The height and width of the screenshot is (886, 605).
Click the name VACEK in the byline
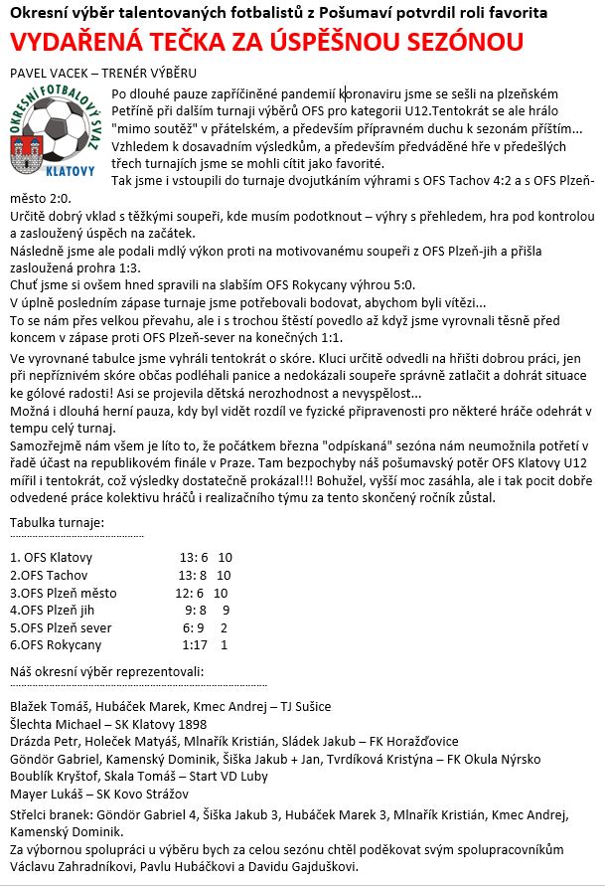[x=70, y=74]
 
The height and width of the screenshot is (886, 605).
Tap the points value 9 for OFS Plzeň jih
[x=227, y=611]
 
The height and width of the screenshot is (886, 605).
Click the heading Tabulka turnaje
[x=56, y=522]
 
